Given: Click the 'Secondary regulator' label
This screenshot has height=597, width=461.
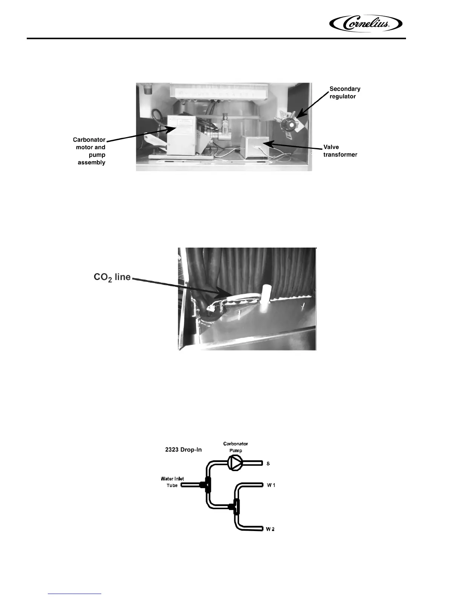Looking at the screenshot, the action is click(345, 92).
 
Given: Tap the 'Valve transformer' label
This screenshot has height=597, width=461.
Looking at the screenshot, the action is click(340, 151).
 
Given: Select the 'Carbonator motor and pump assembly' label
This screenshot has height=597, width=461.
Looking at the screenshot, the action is click(90, 151).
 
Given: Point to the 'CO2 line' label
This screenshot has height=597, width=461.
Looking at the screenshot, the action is click(112, 277).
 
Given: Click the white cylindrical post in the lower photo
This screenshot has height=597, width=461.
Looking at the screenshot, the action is click(266, 298).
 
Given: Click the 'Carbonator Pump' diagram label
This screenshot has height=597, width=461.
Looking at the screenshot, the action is click(235, 447).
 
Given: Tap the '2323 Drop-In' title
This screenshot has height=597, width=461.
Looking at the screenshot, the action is click(183, 450).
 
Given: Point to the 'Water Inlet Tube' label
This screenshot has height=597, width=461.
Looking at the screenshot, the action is click(172, 482).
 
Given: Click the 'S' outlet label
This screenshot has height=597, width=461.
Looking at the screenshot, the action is click(268, 464).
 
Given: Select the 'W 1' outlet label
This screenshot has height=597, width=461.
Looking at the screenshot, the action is click(271, 485).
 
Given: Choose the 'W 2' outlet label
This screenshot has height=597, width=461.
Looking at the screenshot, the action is click(270, 529).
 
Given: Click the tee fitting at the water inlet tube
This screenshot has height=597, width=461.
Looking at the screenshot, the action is click(206, 485).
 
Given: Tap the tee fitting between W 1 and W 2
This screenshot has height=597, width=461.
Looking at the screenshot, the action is click(236, 507).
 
